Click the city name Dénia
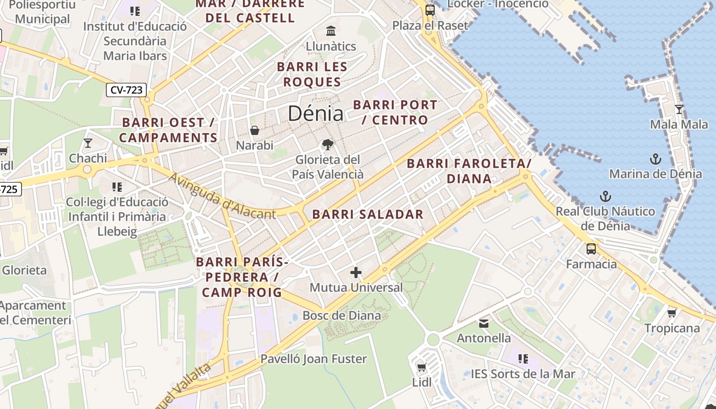tap(315, 113)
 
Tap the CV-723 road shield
tap(126, 90)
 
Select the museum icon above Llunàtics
tap(331, 31)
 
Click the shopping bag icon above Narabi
tap(255, 130)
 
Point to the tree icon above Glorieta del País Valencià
tap(328, 145)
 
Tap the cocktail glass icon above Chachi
tap(88, 143)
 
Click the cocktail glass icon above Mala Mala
tap(679, 109)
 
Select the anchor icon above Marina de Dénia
tap(655, 159)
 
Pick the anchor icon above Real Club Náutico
tap(606, 196)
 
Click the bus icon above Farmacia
tap(591, 249)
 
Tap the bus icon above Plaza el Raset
tap(430, 10)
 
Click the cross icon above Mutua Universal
tap(356, 272)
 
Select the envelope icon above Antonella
tap(483, 323)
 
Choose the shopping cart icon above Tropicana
tap(672, 313)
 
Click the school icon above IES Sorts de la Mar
tap(523, 359)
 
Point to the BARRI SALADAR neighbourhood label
tap(368, 214)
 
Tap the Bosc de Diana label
tap(342, 315)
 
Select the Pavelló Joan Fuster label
tap(314, 359)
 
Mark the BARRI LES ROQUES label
tap(312, 74)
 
